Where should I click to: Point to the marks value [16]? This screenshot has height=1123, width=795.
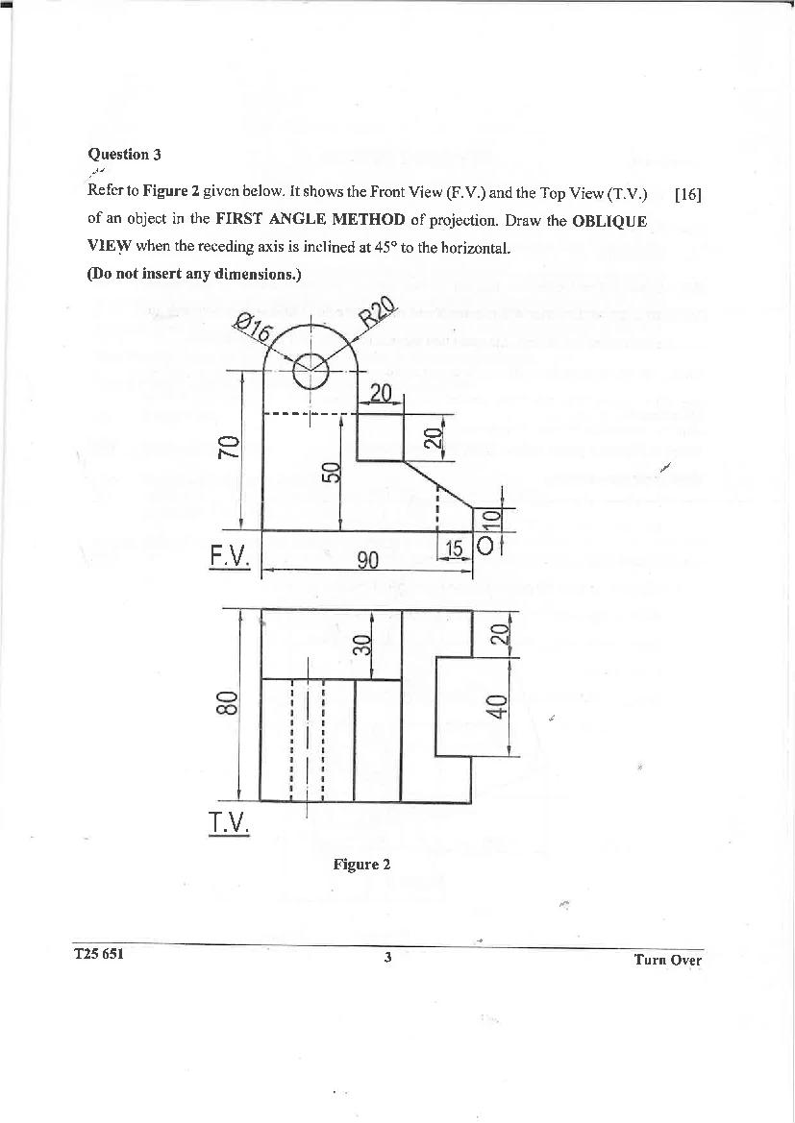pyautogui.click(x=688, y=195)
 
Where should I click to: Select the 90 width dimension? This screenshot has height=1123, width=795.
pyautogui.click(x=367, y=560)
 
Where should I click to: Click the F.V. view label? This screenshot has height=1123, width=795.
pyautogui.click(x=230, y=556)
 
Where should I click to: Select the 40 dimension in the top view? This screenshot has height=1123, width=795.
pyautogui.click(x=496, y=706)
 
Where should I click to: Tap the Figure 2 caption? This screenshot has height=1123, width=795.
pyautogui.click(x=361, y=865)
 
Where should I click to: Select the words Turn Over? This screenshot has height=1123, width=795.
pyautogui.click(x=667, y=960)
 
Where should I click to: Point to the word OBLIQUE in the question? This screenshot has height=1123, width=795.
pyautogui.click(x=609, y=220)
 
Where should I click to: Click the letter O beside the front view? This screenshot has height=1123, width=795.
pyautogui.click(x=484, y=547)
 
